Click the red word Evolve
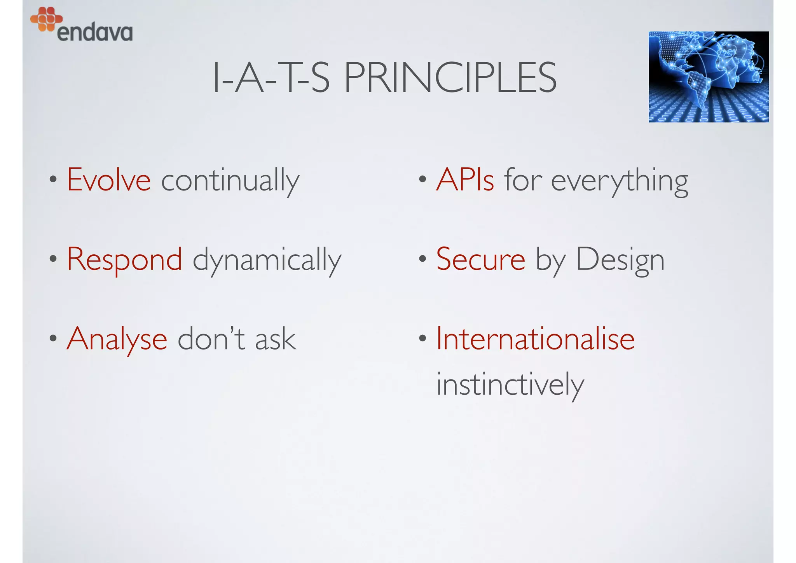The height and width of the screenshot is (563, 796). [x=109, y=180]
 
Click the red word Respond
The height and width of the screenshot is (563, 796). [x=124, y=260]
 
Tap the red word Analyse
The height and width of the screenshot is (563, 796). [x=117, y=339]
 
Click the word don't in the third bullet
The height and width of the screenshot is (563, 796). [x=211, y=339]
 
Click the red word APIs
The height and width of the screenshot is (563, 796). [x=465, y=180]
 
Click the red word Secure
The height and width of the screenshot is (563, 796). [x=481, y=259]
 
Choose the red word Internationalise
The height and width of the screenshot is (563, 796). [x=535, y=339]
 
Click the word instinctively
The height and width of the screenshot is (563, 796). [x=510, y=385]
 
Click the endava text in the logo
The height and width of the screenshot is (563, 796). [x=94, y=33]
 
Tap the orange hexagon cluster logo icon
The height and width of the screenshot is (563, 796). [x=46, y=19]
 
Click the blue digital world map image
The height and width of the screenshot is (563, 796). [x=708, y=77]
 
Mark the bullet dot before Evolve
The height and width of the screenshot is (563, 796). [x=53, y=180]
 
